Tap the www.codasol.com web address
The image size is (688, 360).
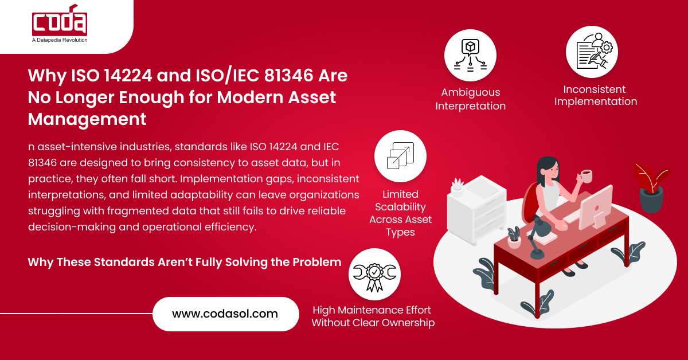click(x=225, y=314)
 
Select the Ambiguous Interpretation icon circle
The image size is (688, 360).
click(x=470, y=56)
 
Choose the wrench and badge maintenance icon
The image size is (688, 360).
click(x=374, y=274)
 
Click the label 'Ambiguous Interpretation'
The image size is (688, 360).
click(x=470, y=99)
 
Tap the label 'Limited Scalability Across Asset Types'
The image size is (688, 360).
click(x=400, y=213)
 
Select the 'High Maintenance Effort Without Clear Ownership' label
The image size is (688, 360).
click(x=373, y=316)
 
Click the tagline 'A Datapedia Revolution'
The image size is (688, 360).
click(x=60, y=41)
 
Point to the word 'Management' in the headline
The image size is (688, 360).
click(x=87, y=119)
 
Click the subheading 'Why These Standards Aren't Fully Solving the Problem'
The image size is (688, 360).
click(x=185, y=262)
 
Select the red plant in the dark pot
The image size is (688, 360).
click(x=651, y=186)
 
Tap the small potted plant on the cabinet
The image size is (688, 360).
click(x=457, y=187)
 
